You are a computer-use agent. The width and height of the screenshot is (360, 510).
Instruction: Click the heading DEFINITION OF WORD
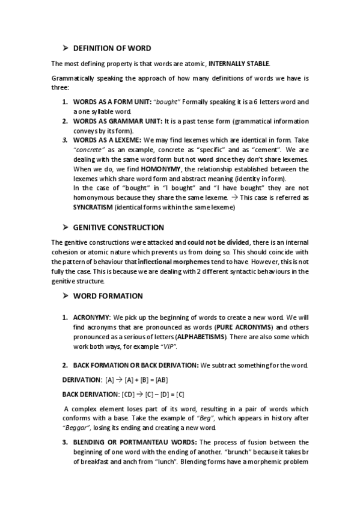112,48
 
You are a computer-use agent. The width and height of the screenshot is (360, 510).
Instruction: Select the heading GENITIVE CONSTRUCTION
118,228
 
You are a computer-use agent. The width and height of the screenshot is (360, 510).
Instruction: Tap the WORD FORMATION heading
108,296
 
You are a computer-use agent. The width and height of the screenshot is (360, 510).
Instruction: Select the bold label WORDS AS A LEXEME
108,140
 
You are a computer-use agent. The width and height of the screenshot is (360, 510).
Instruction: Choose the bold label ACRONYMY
91,317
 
